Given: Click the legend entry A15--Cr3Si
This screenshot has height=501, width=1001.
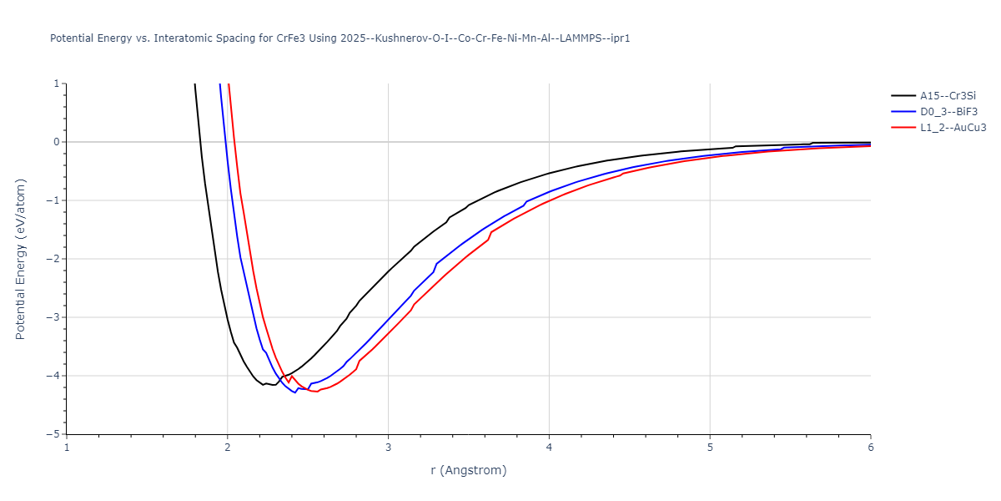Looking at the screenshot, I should click(x=948, y=96).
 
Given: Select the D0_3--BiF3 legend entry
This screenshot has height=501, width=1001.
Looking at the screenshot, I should click(x=948, y=112).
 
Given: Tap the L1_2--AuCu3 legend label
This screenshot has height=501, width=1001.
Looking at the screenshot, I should click(x=953, y=128).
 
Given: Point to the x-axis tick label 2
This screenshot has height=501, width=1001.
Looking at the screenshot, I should click(x=227, y=448).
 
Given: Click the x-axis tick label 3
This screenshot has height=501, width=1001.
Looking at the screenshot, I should click(x=388, y=448).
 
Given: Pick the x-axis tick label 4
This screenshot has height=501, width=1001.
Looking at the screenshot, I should click(x=549, y=448).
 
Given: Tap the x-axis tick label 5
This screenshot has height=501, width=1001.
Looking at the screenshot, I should click(x=710, y=448).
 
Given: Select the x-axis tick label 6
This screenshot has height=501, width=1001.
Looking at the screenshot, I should click(x=870, y=448).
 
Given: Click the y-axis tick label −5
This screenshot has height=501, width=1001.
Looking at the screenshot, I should click(x=54, y=434).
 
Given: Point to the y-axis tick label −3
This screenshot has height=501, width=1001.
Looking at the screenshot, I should click(x=54, y=317).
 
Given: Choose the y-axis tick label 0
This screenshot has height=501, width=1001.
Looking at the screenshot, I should click(x=58, y=142).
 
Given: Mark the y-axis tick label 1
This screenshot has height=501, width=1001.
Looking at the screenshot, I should click(x=58, y=83).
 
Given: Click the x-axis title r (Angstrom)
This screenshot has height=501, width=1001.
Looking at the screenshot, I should click(x=468, y=470).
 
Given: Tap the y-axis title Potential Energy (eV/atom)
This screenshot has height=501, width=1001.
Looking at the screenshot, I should click(x=21, y=259).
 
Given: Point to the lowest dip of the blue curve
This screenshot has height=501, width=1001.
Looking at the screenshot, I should click(x=294, y=392).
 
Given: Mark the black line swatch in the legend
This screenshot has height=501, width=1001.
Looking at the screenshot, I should click(x=903, y=96).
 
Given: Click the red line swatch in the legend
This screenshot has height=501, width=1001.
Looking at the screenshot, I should click(x=903, y=128).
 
